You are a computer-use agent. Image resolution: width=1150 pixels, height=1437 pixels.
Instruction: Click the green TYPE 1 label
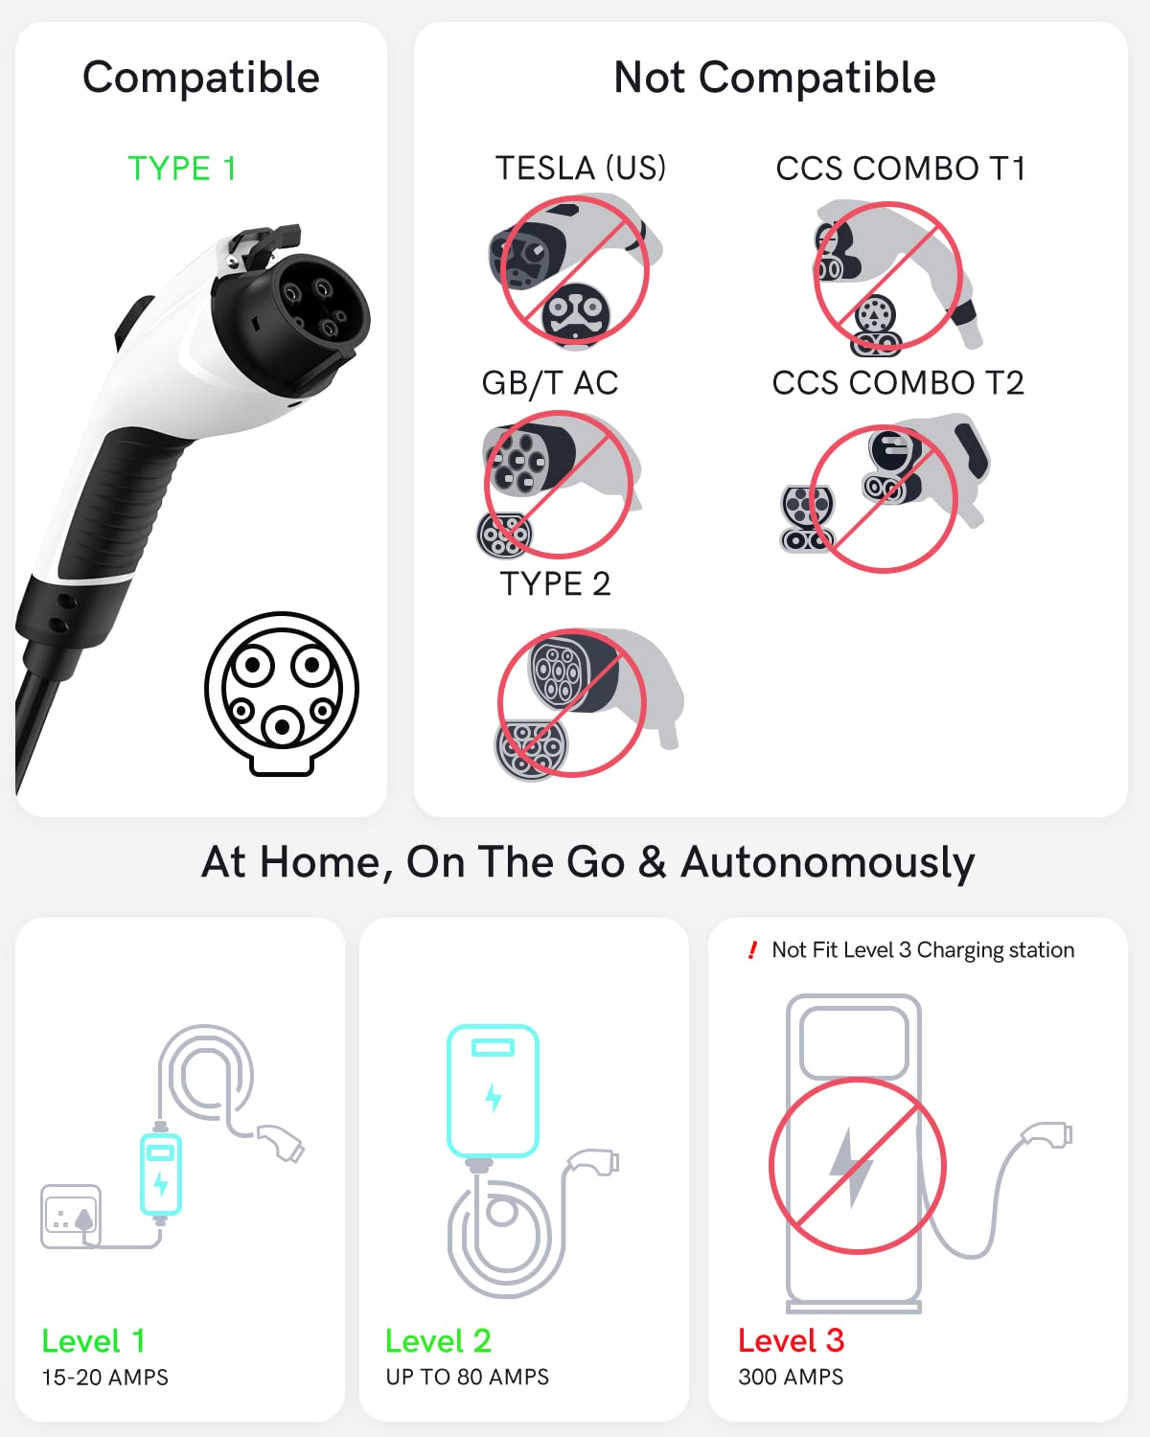click(x=182, y=169)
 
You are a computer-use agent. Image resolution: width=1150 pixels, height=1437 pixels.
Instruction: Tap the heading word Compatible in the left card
click(x=200, y=78)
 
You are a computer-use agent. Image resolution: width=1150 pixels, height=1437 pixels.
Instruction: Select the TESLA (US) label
click(x=580, y=168)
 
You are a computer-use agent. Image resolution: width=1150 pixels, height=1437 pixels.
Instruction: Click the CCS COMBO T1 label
click(x=900, y=169)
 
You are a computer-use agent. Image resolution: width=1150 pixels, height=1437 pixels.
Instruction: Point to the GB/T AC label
click(x=550, y=383)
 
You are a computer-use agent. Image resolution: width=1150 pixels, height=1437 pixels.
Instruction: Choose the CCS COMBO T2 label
click(x=898, y=383)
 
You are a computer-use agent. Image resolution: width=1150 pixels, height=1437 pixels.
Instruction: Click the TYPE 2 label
click(x=555, y=584)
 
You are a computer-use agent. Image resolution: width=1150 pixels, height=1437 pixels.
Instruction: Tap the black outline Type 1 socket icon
click(x=282, y=694)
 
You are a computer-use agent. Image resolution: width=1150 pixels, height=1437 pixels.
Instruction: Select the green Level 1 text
click(x=94, y=1341)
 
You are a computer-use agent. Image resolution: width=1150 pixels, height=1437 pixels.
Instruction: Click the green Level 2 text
click(x=438, y=1341)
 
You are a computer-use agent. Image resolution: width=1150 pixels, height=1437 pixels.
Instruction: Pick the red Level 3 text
click(x=792, y=1340)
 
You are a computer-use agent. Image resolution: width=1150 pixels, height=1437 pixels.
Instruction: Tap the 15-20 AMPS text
click(x=104, y=1377)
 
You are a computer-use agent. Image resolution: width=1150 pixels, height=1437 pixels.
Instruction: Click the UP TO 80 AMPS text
click(x=467, y=1377)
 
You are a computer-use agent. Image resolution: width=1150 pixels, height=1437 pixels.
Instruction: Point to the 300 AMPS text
click(x=791, y=1377)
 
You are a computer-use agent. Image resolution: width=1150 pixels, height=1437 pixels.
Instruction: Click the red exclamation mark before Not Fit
click(x=753, y=949)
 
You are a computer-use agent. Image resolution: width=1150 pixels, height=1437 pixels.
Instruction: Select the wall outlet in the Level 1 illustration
click(x=71, y=1217)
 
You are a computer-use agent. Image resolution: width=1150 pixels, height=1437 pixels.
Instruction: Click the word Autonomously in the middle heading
click(x=827, y=863)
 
